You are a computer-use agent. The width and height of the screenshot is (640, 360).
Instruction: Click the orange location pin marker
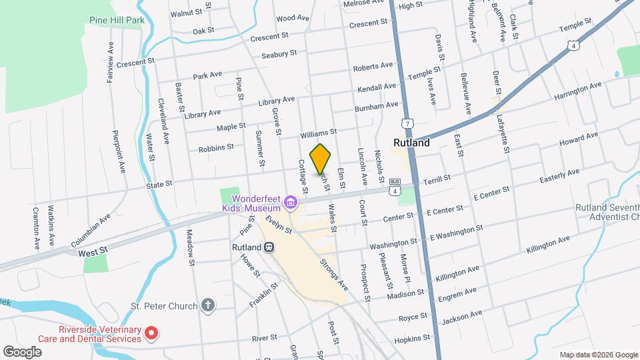321,159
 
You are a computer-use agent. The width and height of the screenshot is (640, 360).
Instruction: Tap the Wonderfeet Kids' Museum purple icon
290,201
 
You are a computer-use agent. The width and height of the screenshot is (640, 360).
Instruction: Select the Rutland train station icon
269,247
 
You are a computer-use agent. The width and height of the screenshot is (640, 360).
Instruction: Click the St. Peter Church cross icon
209,306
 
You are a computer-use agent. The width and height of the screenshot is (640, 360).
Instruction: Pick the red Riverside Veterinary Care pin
152,332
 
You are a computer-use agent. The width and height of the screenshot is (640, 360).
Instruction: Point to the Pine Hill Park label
117,21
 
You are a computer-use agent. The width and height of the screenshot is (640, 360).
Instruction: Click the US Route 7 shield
406,123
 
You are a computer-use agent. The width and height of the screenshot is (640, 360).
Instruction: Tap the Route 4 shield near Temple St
573,45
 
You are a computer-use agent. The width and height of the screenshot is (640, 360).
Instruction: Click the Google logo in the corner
23,351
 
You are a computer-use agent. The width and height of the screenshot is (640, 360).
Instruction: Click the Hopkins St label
413,339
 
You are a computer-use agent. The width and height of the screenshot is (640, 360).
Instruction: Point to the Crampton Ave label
35,227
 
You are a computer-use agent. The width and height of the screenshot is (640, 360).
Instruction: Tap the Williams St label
319,133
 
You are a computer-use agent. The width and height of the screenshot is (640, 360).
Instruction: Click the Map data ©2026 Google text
599,355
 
